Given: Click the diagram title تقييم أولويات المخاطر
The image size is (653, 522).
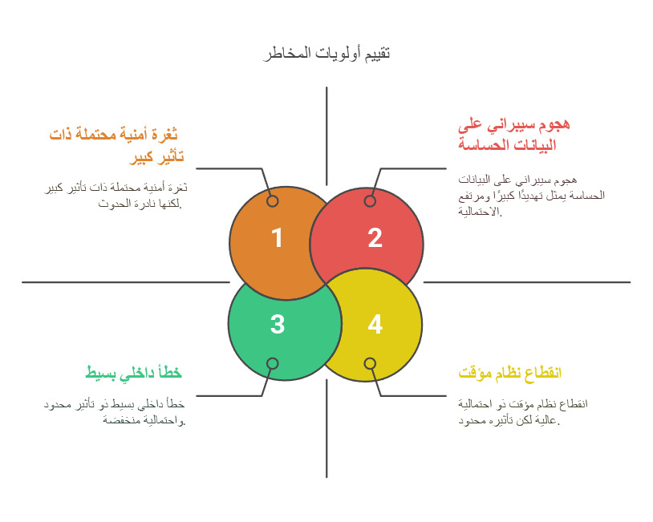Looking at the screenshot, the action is click(x=326, y=54).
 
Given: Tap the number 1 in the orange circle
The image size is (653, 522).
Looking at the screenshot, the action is click(x=277, y=238).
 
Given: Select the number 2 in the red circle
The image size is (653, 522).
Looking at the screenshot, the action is click(x=375, y=238).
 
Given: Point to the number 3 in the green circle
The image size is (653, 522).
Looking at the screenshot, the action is click(x=278, y=324).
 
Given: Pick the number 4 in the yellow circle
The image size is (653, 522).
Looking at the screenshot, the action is click(x=375, y=324).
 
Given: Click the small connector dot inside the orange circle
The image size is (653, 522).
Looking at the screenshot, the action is click(x=273, y=201).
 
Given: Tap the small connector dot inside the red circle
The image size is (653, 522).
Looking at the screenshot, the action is click(x=370, y=201).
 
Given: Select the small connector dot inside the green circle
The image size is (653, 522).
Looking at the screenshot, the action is click(x=273, y=363).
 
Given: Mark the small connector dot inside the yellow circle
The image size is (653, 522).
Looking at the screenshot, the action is click(x=370, y=363).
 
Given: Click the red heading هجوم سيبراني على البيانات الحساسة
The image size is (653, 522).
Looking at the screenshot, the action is click(x=514, y=135).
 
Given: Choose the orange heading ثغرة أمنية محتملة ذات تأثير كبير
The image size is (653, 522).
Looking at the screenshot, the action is click(x=116, y=146).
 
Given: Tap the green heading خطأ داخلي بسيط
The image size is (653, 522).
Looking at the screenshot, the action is click(x=134, y=373).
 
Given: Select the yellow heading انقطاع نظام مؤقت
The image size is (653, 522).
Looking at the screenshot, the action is click(x=509, y=373).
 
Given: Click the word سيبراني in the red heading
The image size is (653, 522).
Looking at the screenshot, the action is click(x=511, y=124).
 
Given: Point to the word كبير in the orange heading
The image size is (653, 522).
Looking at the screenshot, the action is click(x=141, y=157).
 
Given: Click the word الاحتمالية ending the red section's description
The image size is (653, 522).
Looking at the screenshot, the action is click(x=478, y=212).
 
